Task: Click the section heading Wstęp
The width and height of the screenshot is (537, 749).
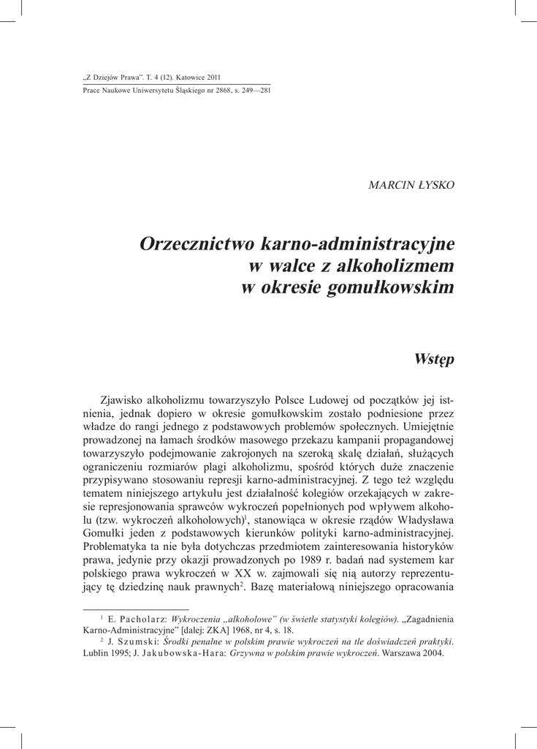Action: pos(433,359)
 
